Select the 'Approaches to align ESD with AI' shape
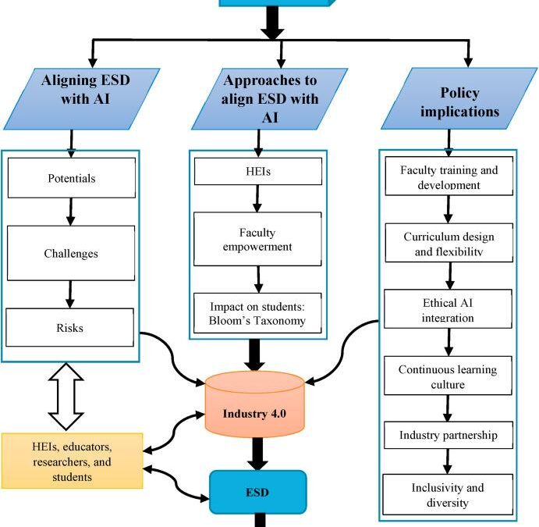pyautogui.click(x=272, y=99)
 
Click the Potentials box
pyautogui.click(x=71, y=178)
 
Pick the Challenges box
pyautogui.click(x=71, y=253)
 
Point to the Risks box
pyautogui.click(x=71, y=328)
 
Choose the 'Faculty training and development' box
pyautogui.click(x=449, y=177)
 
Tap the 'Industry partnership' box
pyautogui.click(x=449, y=435)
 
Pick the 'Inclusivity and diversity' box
pyautogui.click(x=449, y=494)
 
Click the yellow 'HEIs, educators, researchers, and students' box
pyautogui.click(x=72, y=461)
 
